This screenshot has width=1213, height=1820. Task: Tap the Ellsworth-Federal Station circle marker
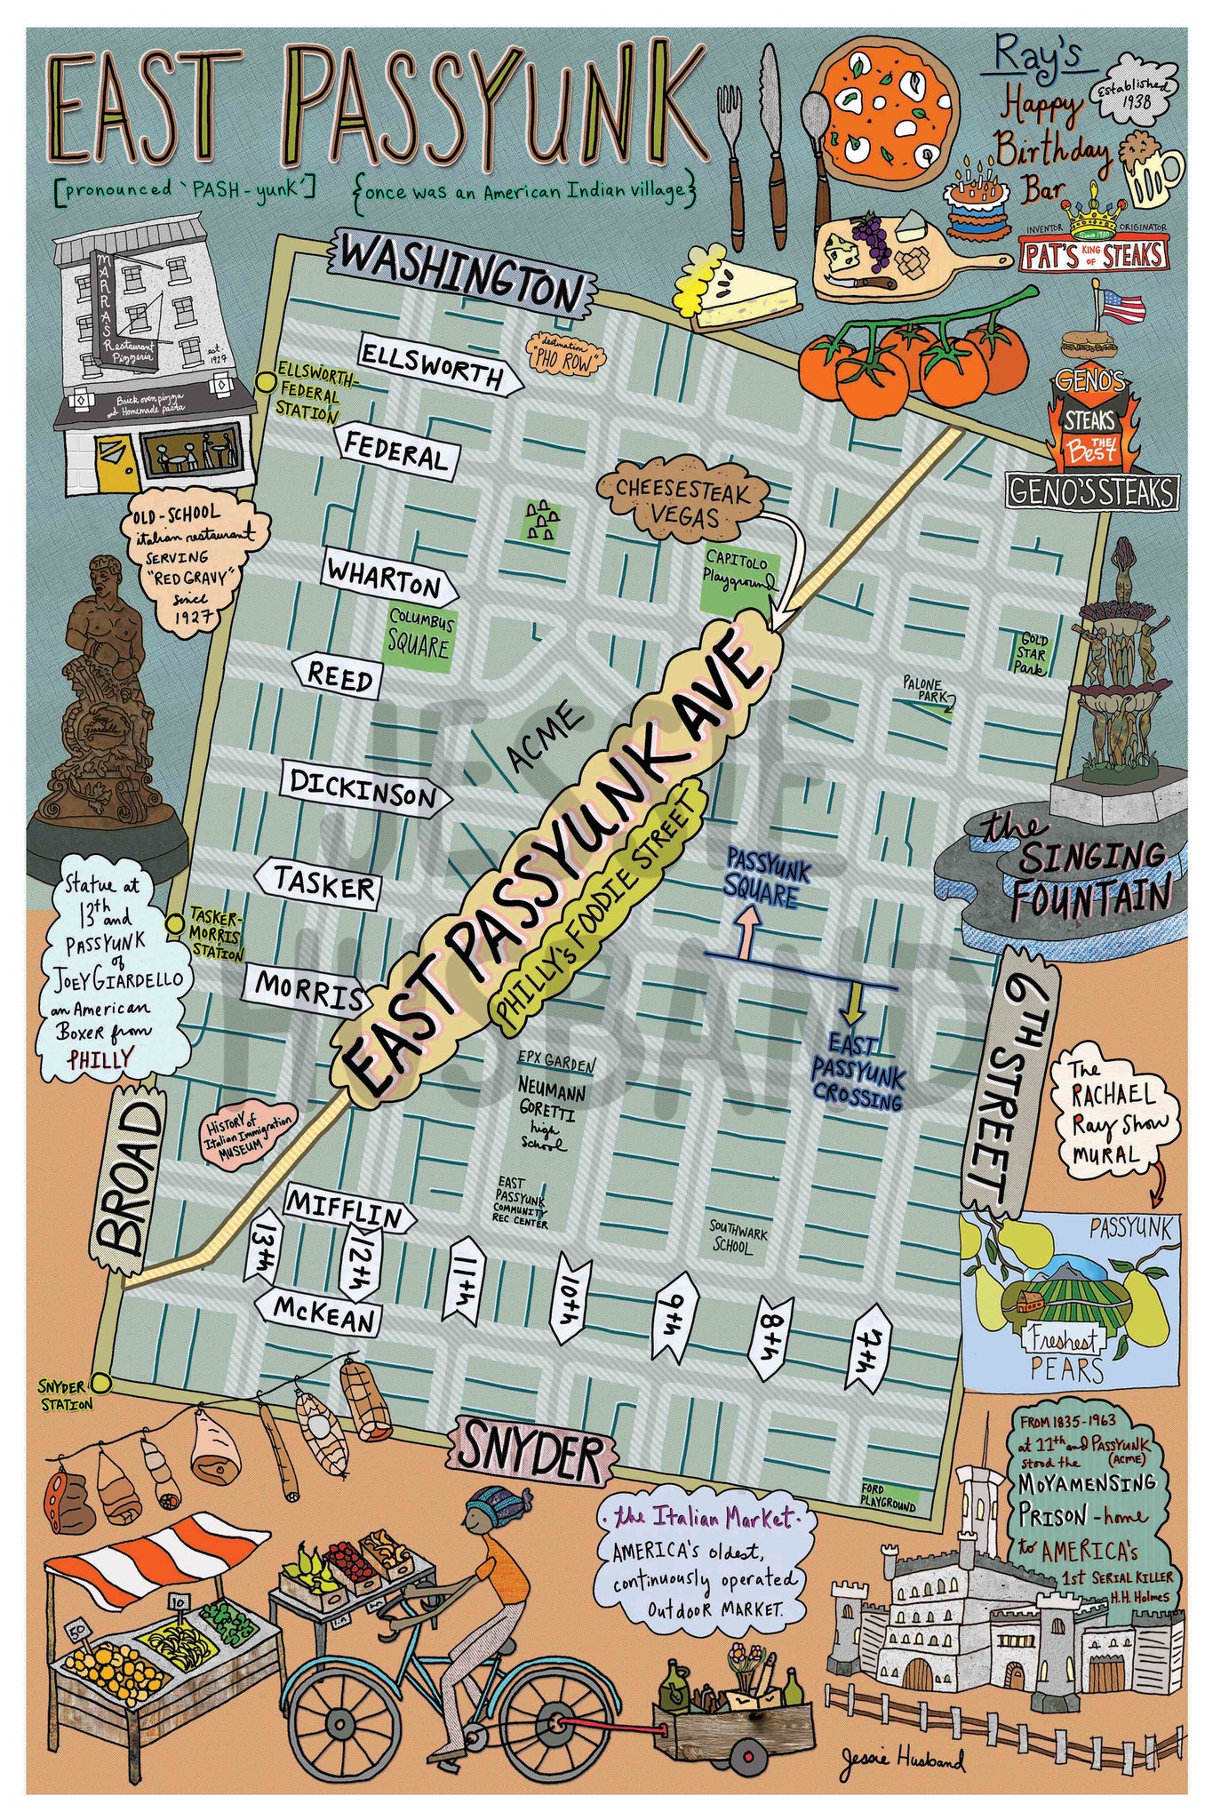pos(264,382)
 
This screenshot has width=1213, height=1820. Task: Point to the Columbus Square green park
pos(419,633)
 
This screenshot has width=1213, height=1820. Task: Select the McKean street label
pos(321,1313)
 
